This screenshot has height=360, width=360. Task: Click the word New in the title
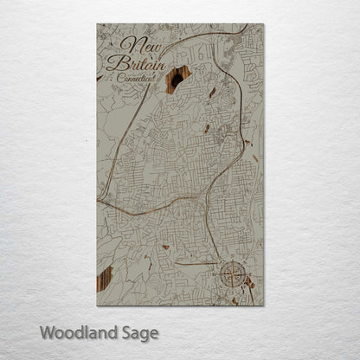pos(135,45)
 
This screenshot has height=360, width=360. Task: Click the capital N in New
pos(128,45)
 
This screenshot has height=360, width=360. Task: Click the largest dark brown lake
pos(178,79)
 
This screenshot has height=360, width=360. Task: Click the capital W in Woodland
pos(47,332)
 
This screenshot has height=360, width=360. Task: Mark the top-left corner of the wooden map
pos(97,24)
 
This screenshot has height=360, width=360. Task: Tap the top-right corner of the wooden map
pos(264,24)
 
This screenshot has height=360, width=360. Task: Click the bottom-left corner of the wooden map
pos(97,305)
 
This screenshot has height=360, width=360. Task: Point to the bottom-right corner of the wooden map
pos(264,305)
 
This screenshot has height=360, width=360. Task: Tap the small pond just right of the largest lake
pos(212,91)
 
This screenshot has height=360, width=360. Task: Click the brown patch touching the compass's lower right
pos(249,281)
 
